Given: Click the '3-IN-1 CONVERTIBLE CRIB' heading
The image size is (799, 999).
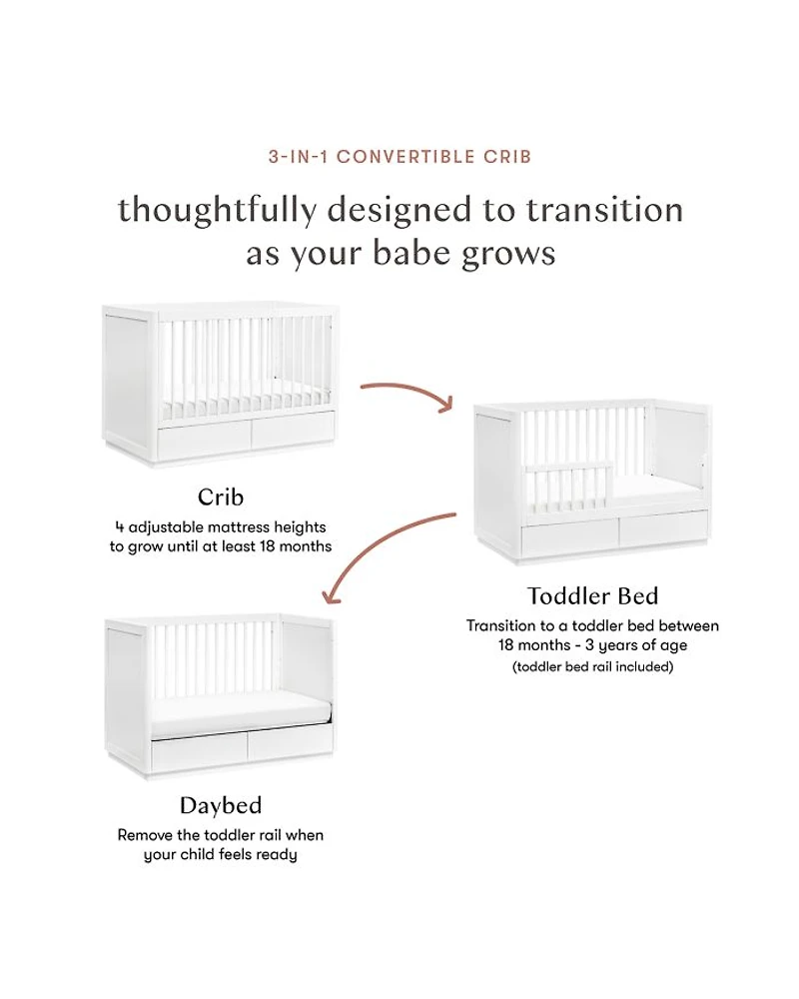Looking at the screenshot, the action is (399, 157).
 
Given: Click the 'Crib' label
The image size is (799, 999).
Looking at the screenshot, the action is (221, 497).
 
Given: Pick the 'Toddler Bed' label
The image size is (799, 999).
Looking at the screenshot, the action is (592, 595).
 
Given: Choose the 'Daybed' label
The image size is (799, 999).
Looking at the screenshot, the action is (221, 805).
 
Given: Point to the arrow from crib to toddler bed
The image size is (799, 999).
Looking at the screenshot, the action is (407, 393).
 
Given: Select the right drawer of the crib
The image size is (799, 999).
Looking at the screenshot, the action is (293, 432).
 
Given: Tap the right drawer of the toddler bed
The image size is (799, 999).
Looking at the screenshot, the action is (663, 528).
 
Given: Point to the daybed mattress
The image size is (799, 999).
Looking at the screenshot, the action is (241, 717).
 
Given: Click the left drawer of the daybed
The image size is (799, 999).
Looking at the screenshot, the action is (199, 755).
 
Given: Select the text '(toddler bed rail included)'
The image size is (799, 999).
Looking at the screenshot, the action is (592, 667).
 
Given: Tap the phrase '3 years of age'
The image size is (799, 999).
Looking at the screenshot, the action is (636, 645).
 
